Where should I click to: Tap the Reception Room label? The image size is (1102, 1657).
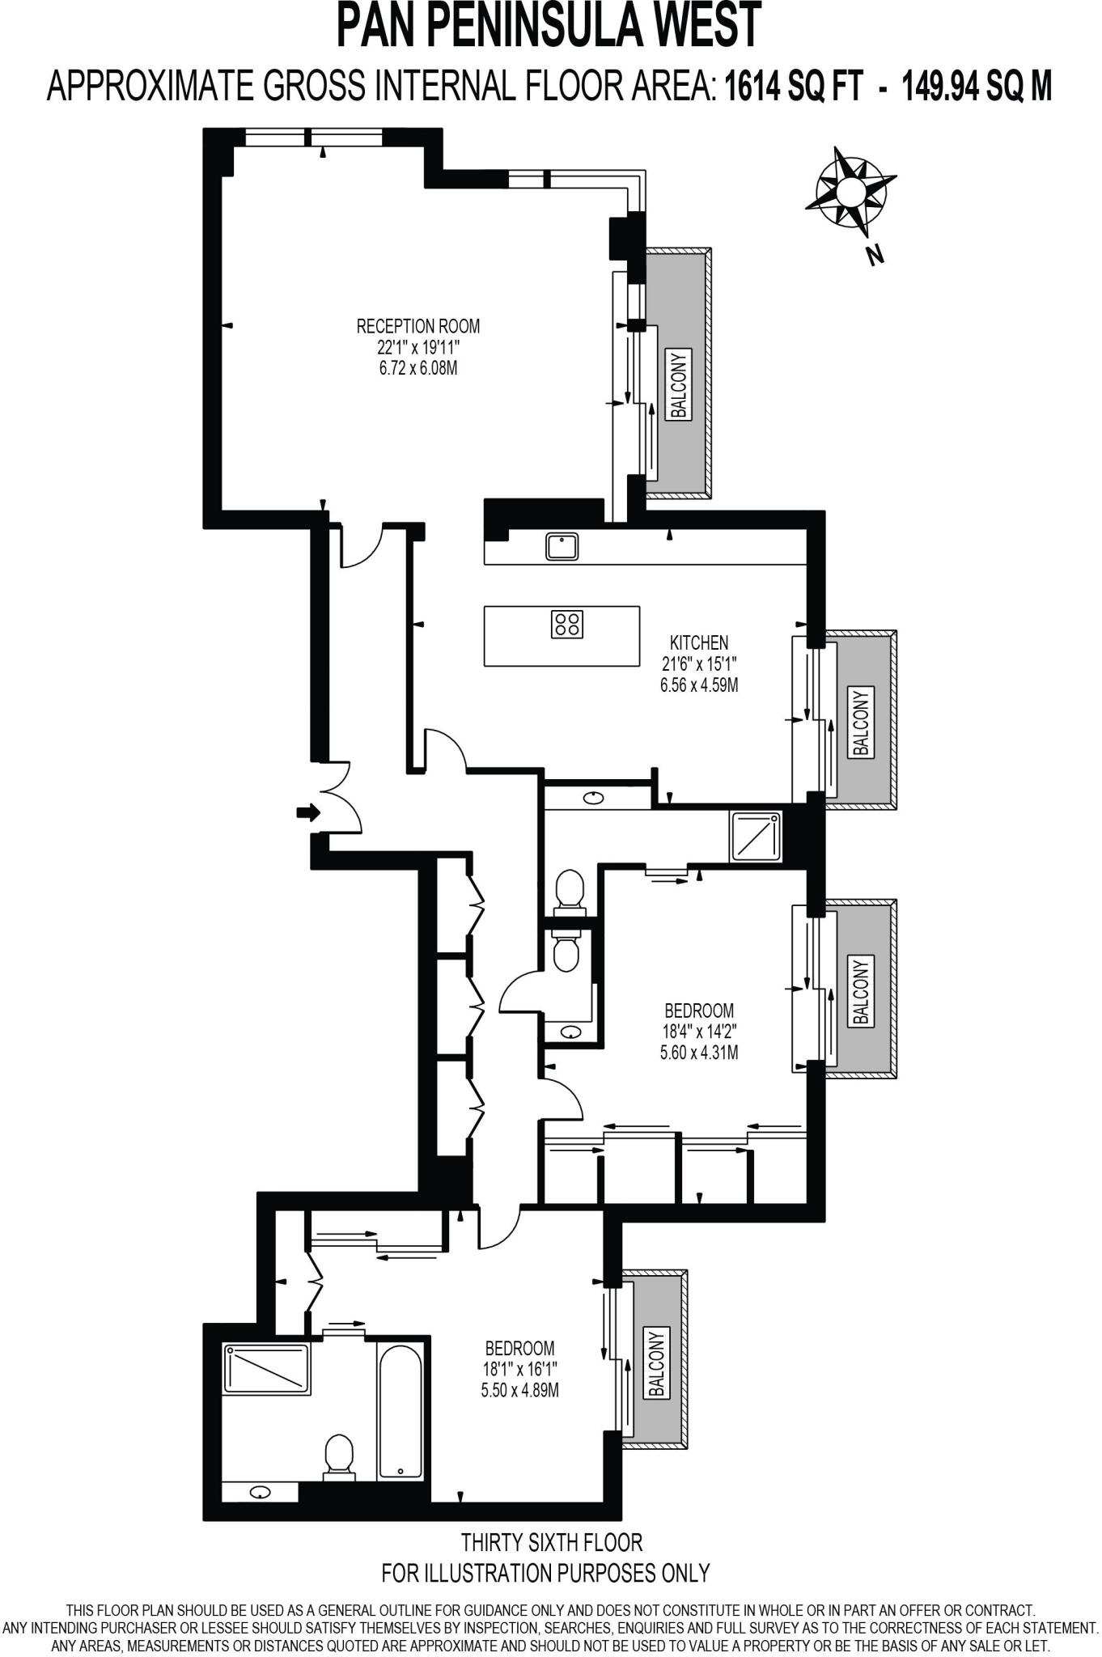click(x=417, y=326)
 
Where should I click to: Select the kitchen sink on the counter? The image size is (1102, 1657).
click(x=562, y=546)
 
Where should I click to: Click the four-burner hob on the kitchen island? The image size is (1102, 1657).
click(x=566, y=624)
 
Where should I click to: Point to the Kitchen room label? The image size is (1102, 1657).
click(x=699, y=642)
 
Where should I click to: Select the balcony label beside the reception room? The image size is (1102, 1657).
click(x=678, y=384)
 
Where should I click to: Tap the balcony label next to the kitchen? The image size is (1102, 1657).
click(x=861, y=722)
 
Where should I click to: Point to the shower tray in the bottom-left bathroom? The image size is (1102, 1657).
click(x=267, y=1370)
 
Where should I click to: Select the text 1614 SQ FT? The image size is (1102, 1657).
click(x=794, y=85)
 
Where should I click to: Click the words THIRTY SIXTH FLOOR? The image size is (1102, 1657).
click(x=551, y=1541)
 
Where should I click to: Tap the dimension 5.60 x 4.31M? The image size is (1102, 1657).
click(x=699, y=1053)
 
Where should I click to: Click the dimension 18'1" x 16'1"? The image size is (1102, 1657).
click(x=519, y=1369)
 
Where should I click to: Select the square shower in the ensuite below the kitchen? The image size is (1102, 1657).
click(x=756, y=837)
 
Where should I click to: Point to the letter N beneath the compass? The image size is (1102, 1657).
click(x=874, y=256)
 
